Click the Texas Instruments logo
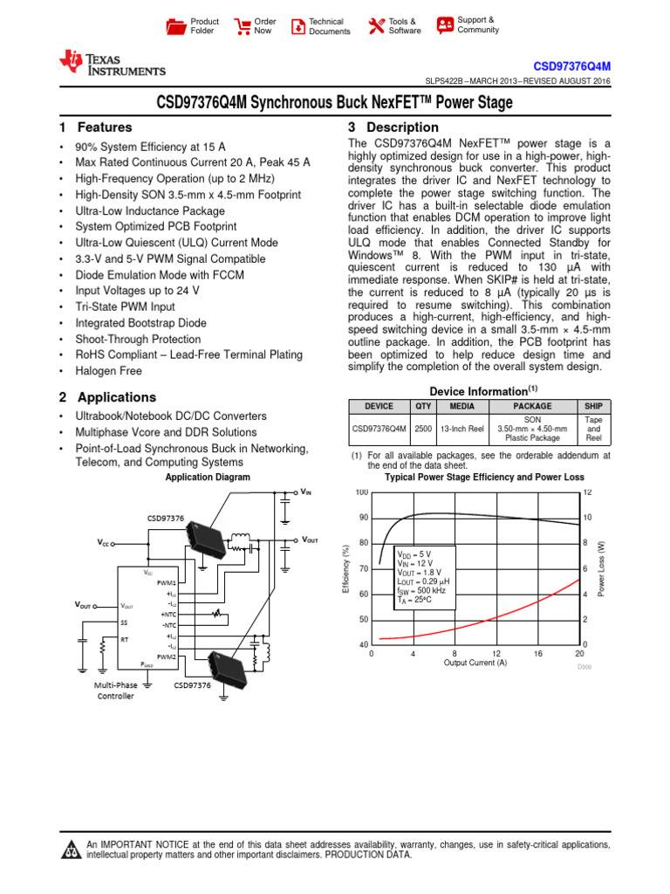point(111,64)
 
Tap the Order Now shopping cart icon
point(242,26)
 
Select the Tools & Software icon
point(377,26)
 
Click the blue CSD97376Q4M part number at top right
point(571,66)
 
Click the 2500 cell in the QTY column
point(423,429)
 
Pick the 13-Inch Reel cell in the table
point(462,429)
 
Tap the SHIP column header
point(593,406)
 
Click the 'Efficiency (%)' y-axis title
point(346,568)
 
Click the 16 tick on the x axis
point(537,653)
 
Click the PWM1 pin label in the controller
point(166,582)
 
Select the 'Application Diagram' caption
point(208,478)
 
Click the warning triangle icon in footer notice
point(71,851)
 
